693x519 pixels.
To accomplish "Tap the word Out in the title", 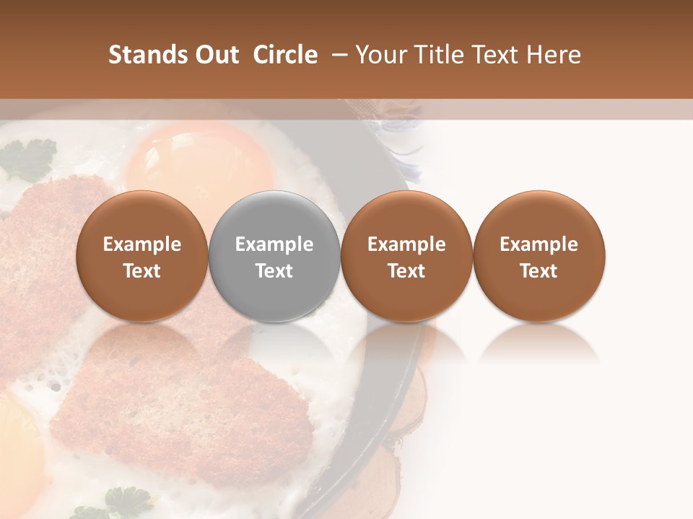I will pos(214,55).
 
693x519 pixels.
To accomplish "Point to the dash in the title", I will pos(336,55).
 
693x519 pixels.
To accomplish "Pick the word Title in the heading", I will pos(440,55).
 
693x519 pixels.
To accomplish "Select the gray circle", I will pos(274,257).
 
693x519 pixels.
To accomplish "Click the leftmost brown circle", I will pos(142,257).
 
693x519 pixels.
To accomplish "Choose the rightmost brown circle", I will pos(539,257).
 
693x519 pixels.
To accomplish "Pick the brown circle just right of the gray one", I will pos(406,257).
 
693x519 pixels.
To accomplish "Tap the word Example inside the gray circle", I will pos(274,244).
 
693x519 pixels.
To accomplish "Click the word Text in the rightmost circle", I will pos(539,271).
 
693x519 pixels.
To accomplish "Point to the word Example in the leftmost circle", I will pos(142,244).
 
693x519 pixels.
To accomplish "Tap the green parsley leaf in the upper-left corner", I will pos(29,159).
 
